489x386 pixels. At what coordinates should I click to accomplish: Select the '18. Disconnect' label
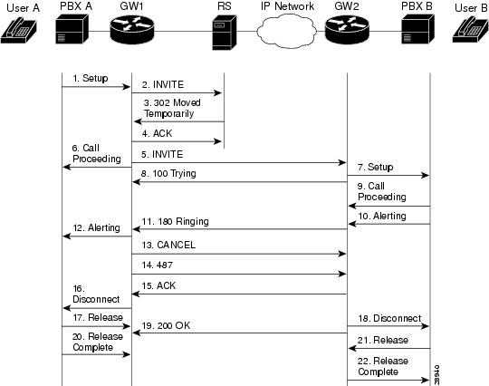(390, 318)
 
